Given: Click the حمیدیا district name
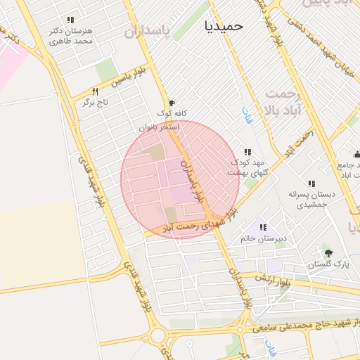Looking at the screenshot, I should coord(224,25).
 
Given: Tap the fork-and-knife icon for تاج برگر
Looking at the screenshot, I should coord(95,91).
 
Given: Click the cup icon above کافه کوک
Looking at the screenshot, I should coord(171,103).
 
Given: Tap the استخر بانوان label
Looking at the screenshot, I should coord(159,127).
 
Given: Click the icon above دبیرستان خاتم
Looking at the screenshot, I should coord(263,227).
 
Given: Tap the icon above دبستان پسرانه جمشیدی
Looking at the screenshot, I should coord(311,184).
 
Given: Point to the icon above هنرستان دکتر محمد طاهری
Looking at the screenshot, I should coord(70,20).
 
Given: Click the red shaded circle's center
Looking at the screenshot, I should coord(180,179).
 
